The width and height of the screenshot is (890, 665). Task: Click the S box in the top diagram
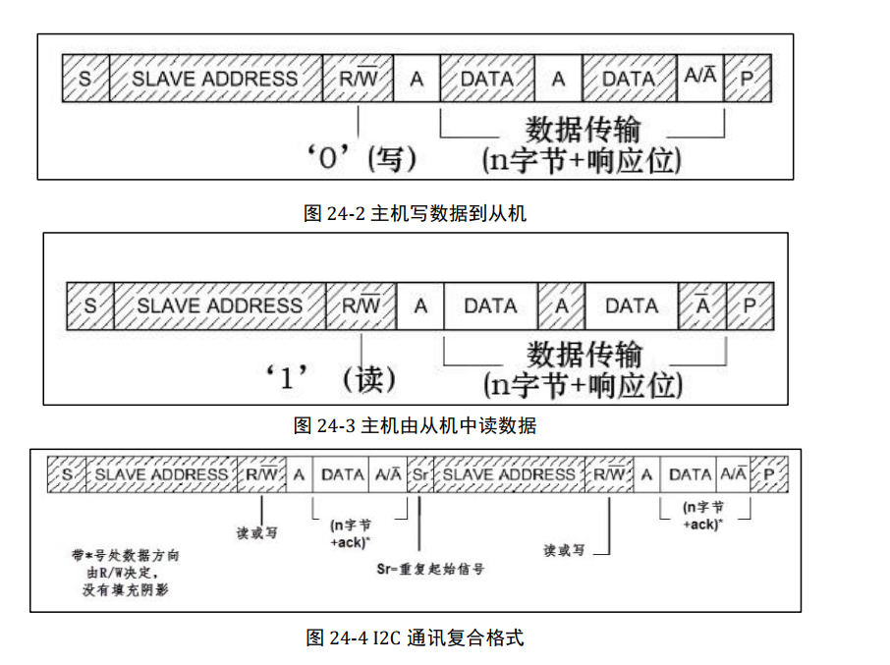(x=85, y=79)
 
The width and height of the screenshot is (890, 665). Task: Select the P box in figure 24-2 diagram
(x=749, y=79)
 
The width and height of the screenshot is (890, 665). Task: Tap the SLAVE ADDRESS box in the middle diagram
(x=219, y=305)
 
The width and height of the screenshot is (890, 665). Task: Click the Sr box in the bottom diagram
(x=419, y=474)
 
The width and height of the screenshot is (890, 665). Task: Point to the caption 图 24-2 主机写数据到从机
(x=415, y=213)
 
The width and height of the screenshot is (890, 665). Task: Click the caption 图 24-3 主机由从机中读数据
(x=415, y=425)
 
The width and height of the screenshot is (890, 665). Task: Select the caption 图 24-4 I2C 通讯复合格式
(x=415, y=637)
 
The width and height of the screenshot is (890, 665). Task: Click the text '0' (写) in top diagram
(x=361, y=158)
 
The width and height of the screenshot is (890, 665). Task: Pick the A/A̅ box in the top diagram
(x=700, y=79)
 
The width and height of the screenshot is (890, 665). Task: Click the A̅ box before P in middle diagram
(x=702, y=305)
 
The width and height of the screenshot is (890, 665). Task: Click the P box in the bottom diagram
(x=769, y=474)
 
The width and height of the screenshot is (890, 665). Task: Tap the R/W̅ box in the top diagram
(x=359, y=79)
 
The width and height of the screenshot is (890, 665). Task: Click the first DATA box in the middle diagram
(x=490, y=305)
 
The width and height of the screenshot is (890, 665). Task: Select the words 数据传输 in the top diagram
(x=584, y=130)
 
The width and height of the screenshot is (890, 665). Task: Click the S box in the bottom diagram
(x=68, y=474)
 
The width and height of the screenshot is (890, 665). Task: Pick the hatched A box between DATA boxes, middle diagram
(x=561, y=305)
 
